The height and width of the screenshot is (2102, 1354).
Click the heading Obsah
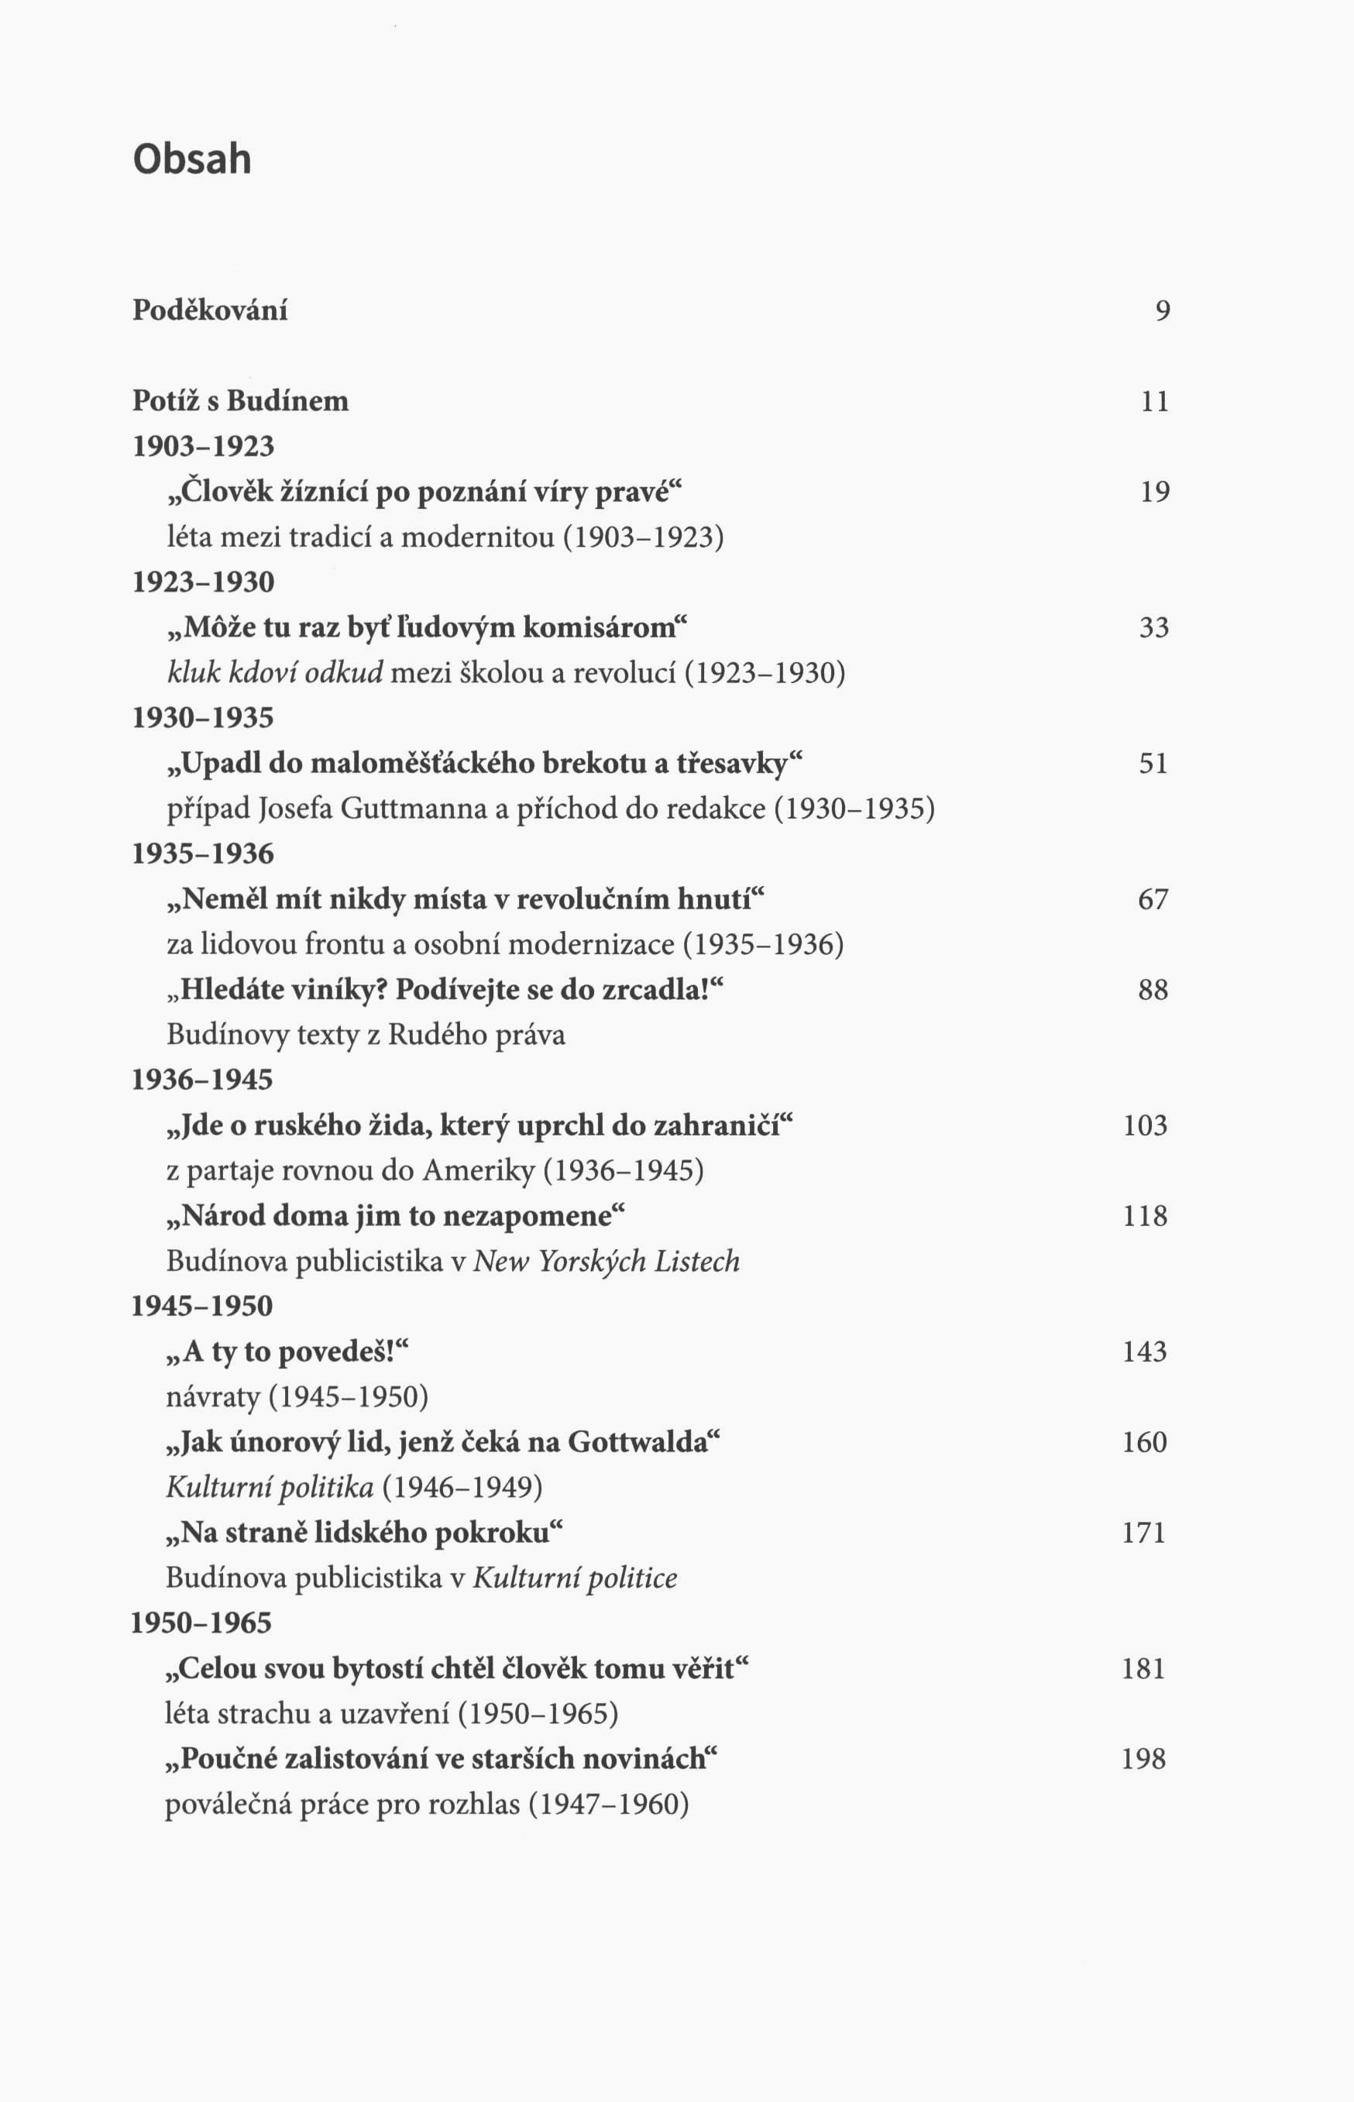click(191, 159)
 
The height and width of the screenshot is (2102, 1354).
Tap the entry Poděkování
click(209, 311)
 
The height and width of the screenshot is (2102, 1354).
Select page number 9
click(1163, 311)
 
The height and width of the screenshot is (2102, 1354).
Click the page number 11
click(1154, 402)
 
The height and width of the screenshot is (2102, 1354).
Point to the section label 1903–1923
click(203, 447)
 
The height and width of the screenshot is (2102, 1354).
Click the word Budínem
click(287, 401)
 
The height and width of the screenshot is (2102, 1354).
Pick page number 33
click(1153, 627)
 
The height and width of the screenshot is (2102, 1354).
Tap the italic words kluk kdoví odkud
click(275, 672)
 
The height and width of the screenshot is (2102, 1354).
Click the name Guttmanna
click(412, 808)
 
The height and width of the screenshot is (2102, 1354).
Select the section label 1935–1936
click(203, 854)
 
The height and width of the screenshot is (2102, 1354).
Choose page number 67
click(1153, 899)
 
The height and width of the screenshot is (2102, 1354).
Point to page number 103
click(1145, 1125)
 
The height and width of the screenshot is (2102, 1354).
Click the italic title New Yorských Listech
click(607, 1262)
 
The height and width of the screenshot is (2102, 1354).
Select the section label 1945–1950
click(202, 1306)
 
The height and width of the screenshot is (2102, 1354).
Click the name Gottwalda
click(638, 1442)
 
